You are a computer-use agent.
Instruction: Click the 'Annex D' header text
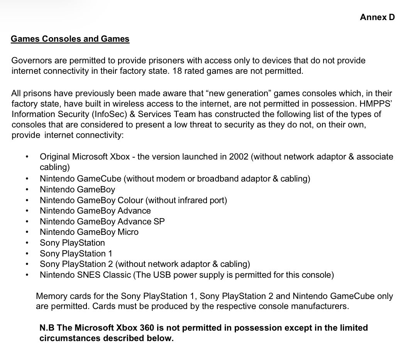(377, 17)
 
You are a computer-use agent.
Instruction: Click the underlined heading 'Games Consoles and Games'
(70, 39)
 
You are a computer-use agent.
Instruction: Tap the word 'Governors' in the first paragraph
(30, 61)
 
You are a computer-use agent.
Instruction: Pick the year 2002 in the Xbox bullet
(239, 157)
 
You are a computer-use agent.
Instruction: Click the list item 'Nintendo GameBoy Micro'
(89, 232)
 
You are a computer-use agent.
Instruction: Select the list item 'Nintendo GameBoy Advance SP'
(102, 221)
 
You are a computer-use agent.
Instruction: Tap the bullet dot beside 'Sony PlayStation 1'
(27, 254)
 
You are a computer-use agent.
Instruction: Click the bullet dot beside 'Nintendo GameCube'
(27, 178)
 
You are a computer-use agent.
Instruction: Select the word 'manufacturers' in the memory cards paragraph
(321, 307)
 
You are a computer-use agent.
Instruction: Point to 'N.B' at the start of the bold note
(47, 328)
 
